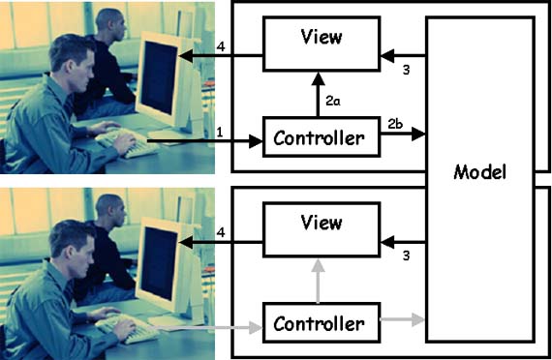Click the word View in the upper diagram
click(322, 37)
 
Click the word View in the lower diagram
click(322, 223)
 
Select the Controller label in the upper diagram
click(319, 138)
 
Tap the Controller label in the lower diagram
click(319, 324)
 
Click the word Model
click(479, 172)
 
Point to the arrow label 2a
click(333, 102)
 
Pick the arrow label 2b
click(395, 124)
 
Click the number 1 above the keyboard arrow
click(220, 133)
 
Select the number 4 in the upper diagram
click(221, 46)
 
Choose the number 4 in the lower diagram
click(221, 232)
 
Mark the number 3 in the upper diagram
click(407, 70)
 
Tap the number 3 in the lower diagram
click(407, 255)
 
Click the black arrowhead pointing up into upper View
click(319, 78)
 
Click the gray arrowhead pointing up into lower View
click(319, 265)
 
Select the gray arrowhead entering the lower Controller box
click(256, 328)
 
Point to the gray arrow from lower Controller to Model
click(403, 319)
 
